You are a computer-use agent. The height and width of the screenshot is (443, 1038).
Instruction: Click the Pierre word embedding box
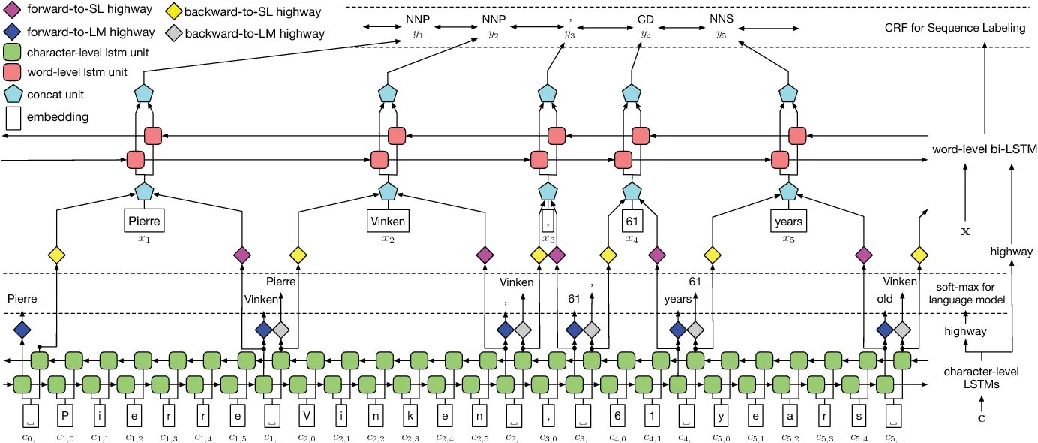click(144, 221)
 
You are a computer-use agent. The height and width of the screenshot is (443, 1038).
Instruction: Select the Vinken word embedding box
click(388, 221)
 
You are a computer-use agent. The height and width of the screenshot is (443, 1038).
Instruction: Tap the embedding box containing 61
click(632, 221)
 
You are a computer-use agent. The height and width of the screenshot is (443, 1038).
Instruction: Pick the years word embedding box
click(788, 221)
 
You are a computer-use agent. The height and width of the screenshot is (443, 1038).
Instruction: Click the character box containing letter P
click(64, 416)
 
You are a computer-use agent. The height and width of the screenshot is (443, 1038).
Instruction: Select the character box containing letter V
click(307, 416)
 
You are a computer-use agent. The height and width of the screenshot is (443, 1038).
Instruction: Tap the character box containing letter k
click(410, 416)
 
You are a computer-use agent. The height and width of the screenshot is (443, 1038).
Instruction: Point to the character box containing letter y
click(721, 416)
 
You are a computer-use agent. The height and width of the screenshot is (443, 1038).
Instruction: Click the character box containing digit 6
click(617, 416)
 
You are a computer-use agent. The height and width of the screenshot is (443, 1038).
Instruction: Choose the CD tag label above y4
click(646, 20)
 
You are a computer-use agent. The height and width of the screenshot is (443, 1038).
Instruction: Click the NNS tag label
click(721, 19)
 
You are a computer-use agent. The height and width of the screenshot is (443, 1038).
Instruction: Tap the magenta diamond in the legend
click(12, 9)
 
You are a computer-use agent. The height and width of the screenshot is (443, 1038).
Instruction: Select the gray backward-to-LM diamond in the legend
click(174, 33)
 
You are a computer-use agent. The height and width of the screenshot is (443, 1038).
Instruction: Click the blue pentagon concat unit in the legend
click(13, 94)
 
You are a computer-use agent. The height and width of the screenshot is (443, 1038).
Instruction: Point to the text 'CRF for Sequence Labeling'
click(955, 28)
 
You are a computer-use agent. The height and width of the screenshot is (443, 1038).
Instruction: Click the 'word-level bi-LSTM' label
click(985, 149)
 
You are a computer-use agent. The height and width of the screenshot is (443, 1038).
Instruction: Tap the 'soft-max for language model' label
click(967, 293)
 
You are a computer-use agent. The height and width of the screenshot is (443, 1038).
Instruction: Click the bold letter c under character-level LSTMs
click(981, 418)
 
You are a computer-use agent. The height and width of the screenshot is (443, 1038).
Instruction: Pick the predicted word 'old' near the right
click(884, 299)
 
